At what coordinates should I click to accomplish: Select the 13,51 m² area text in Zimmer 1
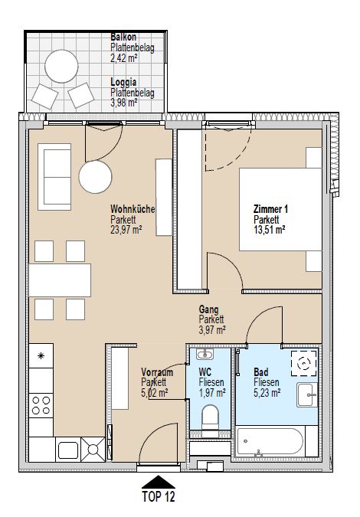click(x=270, y=228)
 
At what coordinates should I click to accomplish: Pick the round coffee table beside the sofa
click(x=97, y=178)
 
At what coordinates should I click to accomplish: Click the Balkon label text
click(x=123, y=37)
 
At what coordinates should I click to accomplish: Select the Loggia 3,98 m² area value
click(x=123, y=103)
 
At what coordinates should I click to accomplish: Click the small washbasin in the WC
click(x=205, y=355)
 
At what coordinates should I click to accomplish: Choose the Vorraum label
click(x=156, y=372)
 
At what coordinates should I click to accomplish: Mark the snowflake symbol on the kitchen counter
click(x=41, y=356)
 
